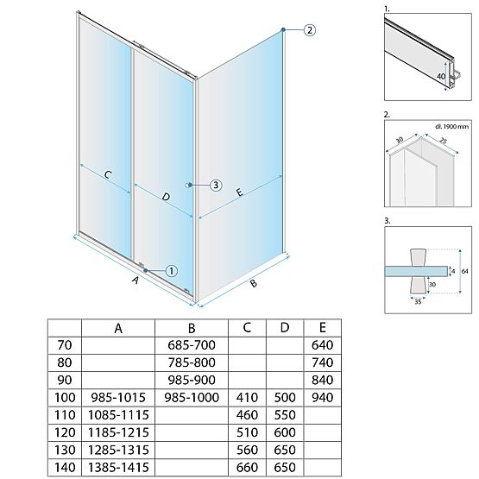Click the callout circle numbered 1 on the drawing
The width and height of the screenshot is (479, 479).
tap(171, 270)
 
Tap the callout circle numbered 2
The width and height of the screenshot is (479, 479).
tap(309, 30)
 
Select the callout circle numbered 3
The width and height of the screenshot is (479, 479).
tap(216, 185)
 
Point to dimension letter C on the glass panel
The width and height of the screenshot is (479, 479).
tap(109, 176)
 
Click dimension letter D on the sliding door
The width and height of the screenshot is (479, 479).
tap(167, 197)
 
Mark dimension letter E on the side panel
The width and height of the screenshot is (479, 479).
tap(239, 196)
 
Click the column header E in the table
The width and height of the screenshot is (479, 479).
tap(322, 328)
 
